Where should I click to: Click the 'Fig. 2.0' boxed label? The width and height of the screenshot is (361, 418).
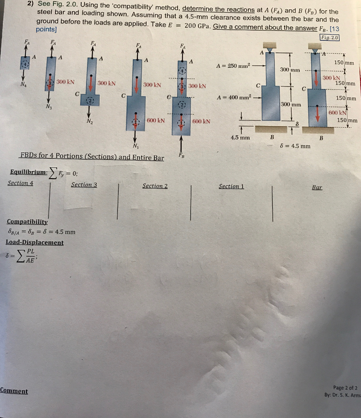[330, 38]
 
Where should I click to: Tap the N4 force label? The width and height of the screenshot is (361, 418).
[23, 85]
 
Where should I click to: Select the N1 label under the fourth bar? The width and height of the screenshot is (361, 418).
[136, 146]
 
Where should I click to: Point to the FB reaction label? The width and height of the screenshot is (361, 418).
[181, 156]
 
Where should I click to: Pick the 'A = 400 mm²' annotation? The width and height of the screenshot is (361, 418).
[234, 97]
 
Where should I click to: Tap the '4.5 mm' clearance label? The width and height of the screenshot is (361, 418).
[240, 138]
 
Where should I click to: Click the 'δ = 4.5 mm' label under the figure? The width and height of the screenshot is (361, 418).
[295, 146]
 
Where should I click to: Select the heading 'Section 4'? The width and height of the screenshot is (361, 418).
[20, 183]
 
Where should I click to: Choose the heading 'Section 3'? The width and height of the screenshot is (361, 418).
[84, 185]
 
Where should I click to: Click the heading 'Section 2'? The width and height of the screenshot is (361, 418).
[155, 186]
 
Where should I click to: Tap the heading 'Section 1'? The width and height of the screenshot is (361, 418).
[232, 186]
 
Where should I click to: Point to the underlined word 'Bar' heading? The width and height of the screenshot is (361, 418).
[317, 187]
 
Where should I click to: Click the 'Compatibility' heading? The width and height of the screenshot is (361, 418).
[27, 222]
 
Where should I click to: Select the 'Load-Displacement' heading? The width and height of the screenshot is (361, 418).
[35, 242]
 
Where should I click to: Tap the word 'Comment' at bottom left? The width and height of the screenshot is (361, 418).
[14, 391]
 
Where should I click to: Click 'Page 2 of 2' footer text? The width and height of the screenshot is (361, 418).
[345, 388]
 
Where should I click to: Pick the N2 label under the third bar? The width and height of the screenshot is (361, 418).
[90, 121]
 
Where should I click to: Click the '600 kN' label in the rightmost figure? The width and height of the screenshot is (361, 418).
[337, 113]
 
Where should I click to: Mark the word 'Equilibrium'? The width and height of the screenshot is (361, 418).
[28, 172]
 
